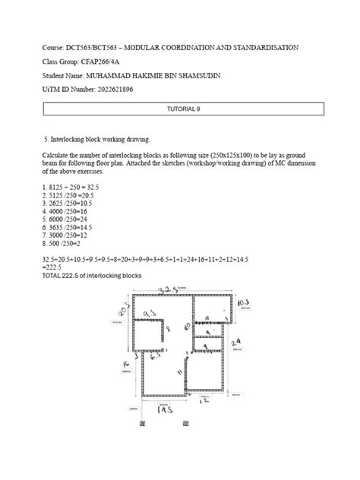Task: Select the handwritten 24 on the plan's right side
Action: pos(235,343)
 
